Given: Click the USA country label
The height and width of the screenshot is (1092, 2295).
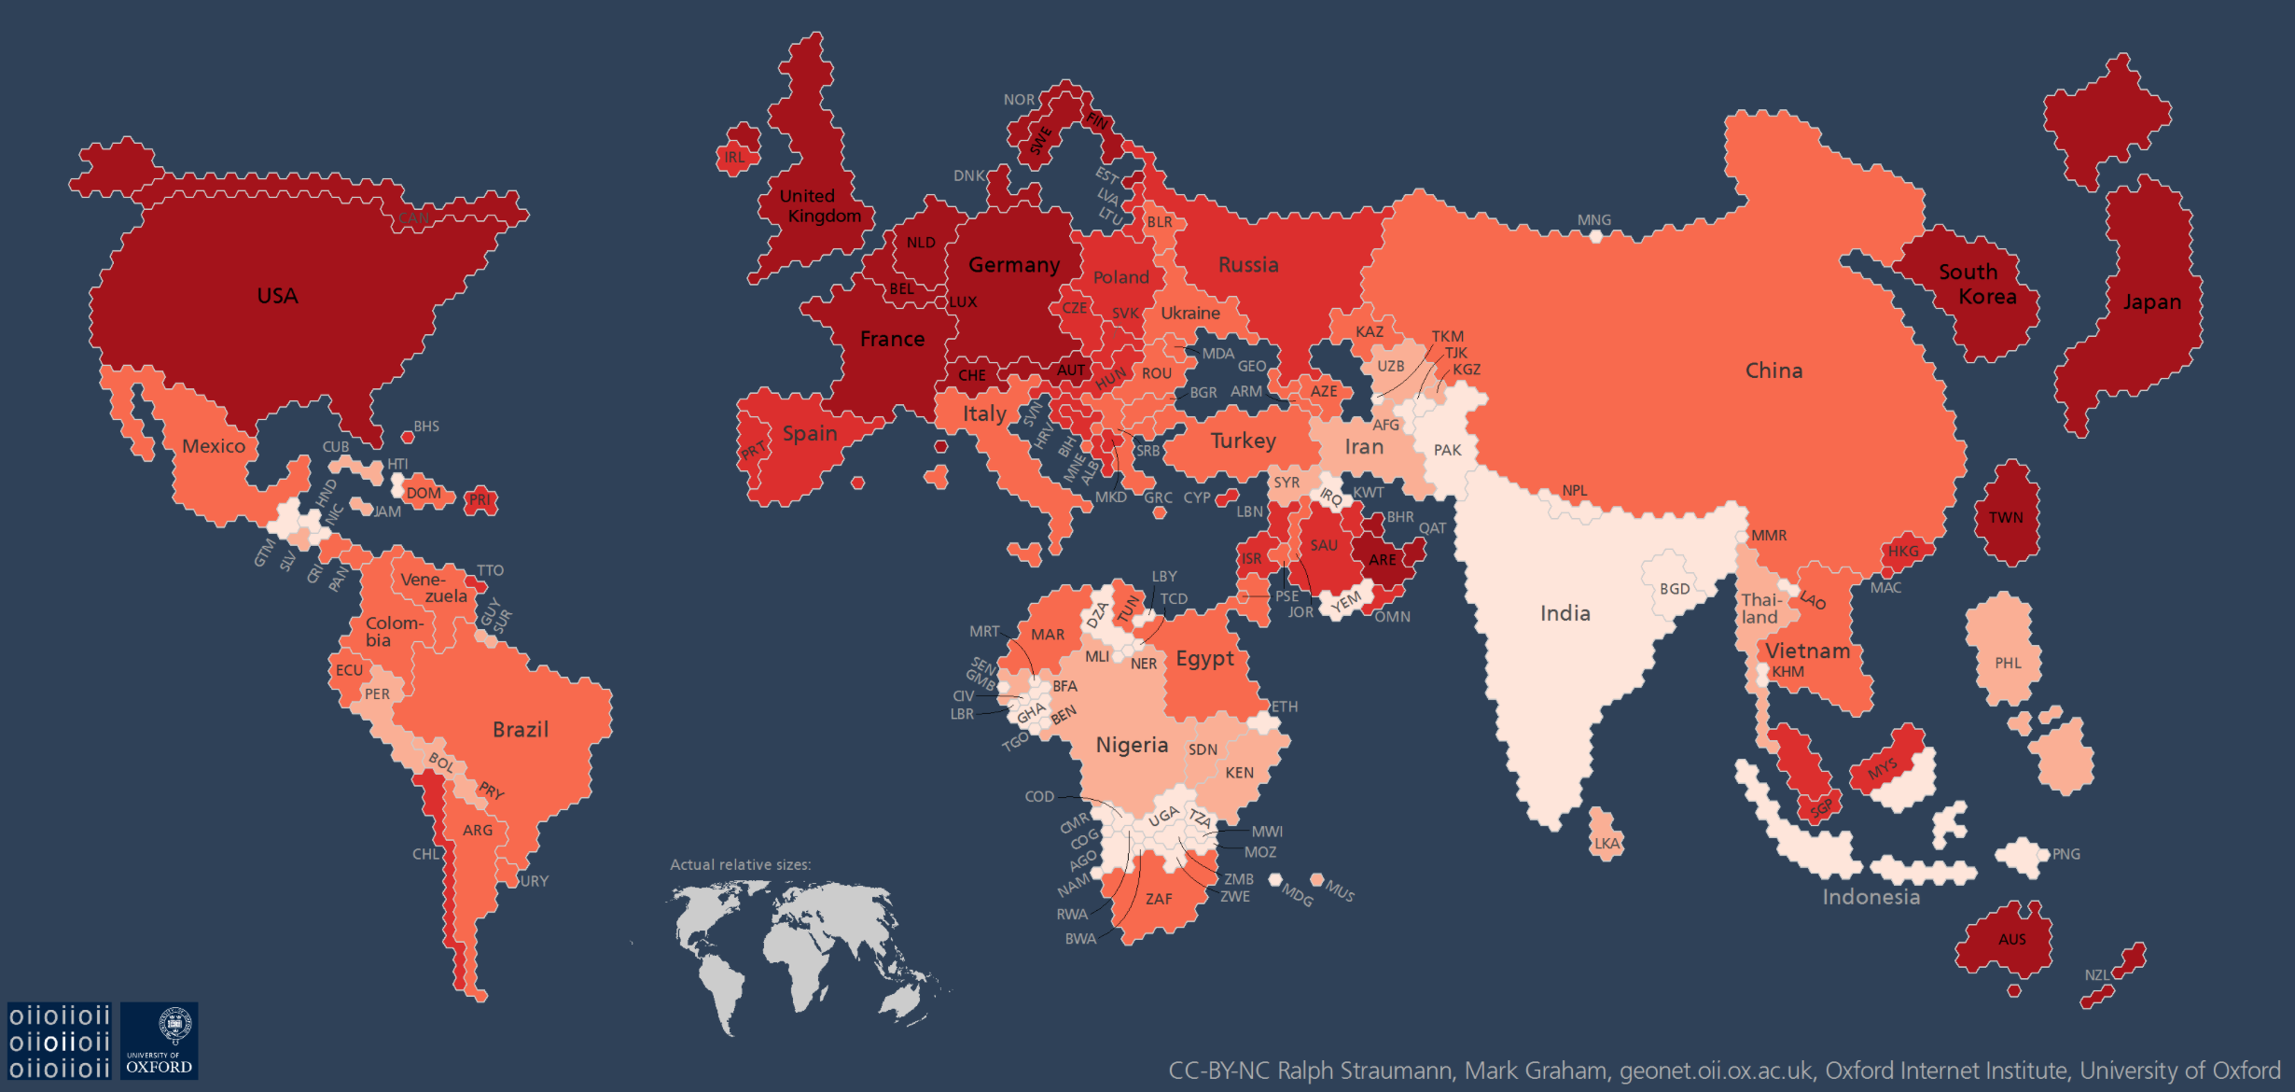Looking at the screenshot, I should (277, 296).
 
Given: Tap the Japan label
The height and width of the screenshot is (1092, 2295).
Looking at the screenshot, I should (2151, 302).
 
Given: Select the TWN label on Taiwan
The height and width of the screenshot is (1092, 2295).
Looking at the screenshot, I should (2005, 517).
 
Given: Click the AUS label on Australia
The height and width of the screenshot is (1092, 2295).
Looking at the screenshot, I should (2011, 939).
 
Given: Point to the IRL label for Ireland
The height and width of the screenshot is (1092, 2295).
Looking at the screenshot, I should (735, 158).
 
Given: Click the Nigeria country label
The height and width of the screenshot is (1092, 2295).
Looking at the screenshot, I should (1131, 745).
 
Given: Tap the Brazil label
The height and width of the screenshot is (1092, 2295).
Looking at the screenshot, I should (520, 729).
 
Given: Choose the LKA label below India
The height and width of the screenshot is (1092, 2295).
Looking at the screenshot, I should (1606, 844).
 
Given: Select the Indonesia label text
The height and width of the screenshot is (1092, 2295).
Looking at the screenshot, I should (1871, 897).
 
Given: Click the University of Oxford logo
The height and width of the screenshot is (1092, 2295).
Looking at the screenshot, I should (159, 1041).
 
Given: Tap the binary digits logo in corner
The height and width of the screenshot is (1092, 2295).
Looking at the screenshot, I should (60, 1041).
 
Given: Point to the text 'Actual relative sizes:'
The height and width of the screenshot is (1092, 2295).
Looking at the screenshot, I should (740, 865).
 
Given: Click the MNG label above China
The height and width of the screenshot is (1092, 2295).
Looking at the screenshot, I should (1593, 220).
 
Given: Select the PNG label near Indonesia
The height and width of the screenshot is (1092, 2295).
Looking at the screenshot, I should (2065, 854).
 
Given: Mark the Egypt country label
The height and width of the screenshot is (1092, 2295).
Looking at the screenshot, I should (1203, 659).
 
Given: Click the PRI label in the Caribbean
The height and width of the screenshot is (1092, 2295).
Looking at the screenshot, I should (480, 499).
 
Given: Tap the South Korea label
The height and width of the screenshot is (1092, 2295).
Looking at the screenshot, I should (1978, 284).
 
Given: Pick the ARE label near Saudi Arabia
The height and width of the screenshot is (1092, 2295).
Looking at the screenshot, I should (1382, 560).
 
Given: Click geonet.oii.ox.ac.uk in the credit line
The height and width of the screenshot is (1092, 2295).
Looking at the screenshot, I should (1718, 1071).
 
